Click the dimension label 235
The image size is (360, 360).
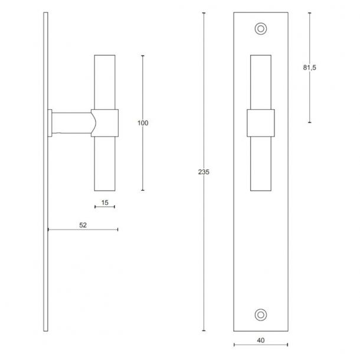pos(204,172)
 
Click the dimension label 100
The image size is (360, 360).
pos(142,123)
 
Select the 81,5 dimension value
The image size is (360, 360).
pos(310,68)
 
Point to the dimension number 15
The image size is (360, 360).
pos(104,202)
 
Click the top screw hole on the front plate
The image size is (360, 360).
pos(260,28)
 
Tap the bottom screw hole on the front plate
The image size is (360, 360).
pos(260,314)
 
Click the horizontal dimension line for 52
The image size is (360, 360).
pos(100,229)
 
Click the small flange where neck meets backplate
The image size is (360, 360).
pos(51,123)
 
